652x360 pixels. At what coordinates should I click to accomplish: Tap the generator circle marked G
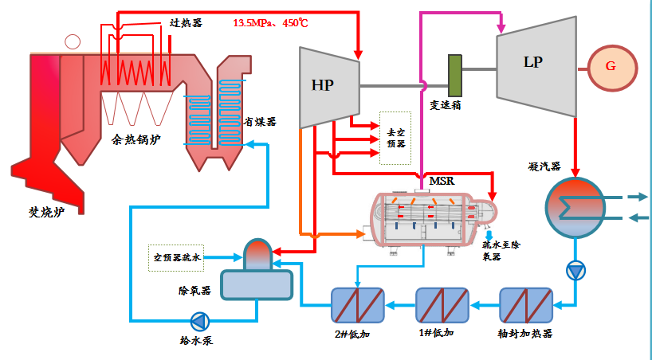(611, 66)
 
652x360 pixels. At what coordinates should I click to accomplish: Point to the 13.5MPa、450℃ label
(270, 23)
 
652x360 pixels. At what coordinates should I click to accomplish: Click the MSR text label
(442, 181)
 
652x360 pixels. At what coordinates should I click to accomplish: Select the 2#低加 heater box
(358, 304)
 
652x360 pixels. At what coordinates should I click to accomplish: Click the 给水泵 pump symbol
(199, 321)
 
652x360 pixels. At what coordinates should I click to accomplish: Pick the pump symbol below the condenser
(575, 271)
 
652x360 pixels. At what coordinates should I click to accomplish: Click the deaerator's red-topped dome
(257, 253)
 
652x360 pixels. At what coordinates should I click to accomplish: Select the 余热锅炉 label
(136, 141)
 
